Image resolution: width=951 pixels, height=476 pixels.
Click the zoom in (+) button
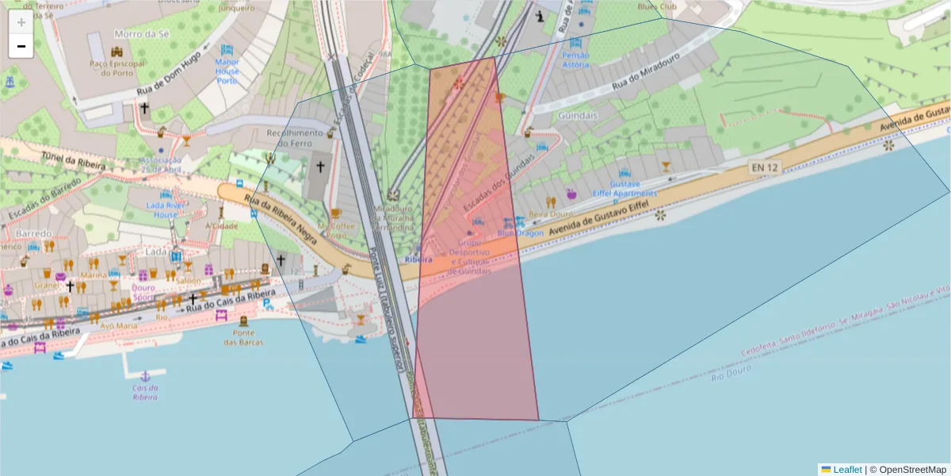tap(21, 22)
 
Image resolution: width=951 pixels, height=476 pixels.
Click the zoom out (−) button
tap(21, 46)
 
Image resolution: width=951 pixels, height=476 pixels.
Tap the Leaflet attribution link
tap(846, 470)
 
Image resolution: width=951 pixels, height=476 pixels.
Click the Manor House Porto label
tap(227, 71)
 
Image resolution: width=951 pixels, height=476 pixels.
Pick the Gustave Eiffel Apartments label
tap(624, 189)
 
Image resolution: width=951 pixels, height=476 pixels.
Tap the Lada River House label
tap(166, 209)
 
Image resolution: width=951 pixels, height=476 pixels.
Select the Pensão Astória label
tap(576, 59)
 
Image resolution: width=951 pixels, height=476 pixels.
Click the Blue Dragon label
tap(521, 232)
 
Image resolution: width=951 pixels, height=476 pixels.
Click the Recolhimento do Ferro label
tap(295, 138)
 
